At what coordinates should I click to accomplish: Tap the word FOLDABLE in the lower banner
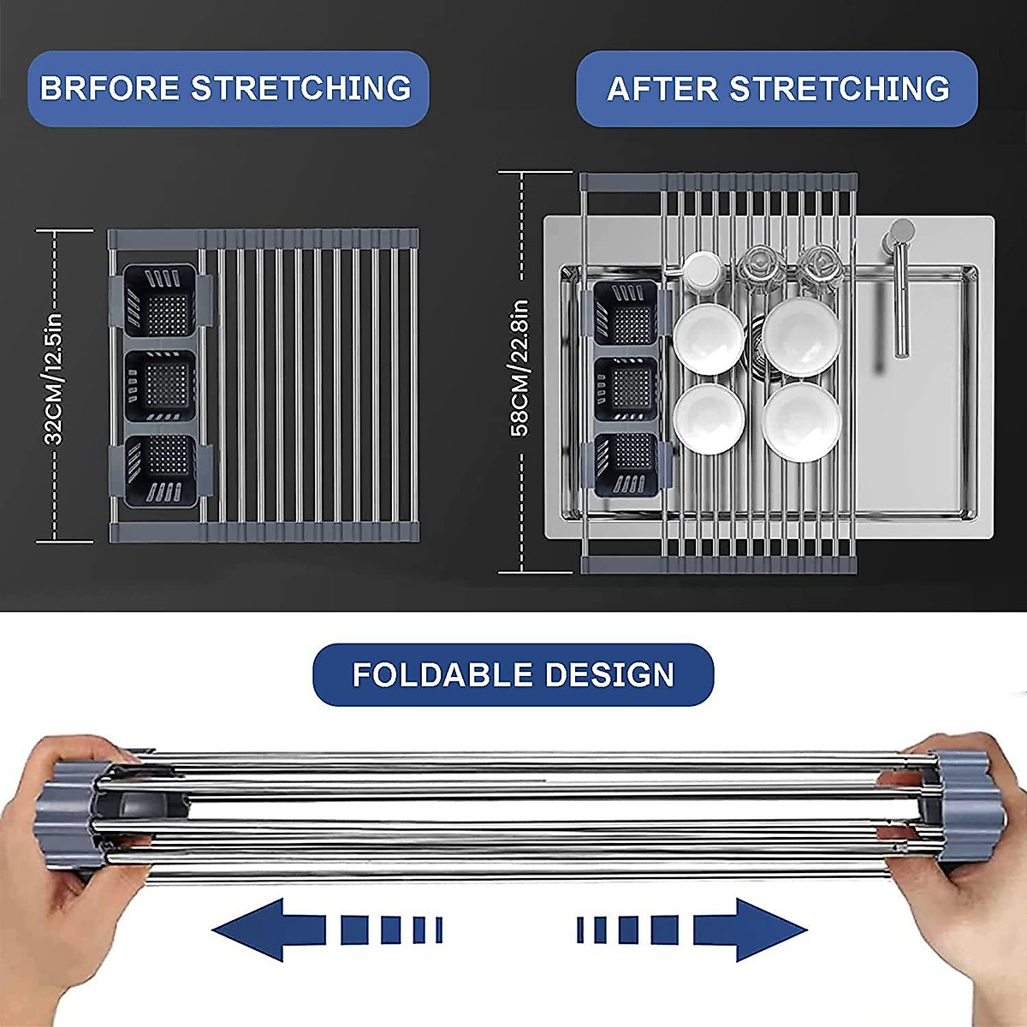441,674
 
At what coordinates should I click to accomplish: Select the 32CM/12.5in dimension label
53,379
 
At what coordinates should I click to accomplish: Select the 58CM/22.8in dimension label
519,368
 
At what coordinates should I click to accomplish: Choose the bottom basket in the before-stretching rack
159,470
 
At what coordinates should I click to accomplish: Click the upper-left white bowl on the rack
707,337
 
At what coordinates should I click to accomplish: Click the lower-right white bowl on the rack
801,419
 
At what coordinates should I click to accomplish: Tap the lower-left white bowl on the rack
708,419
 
